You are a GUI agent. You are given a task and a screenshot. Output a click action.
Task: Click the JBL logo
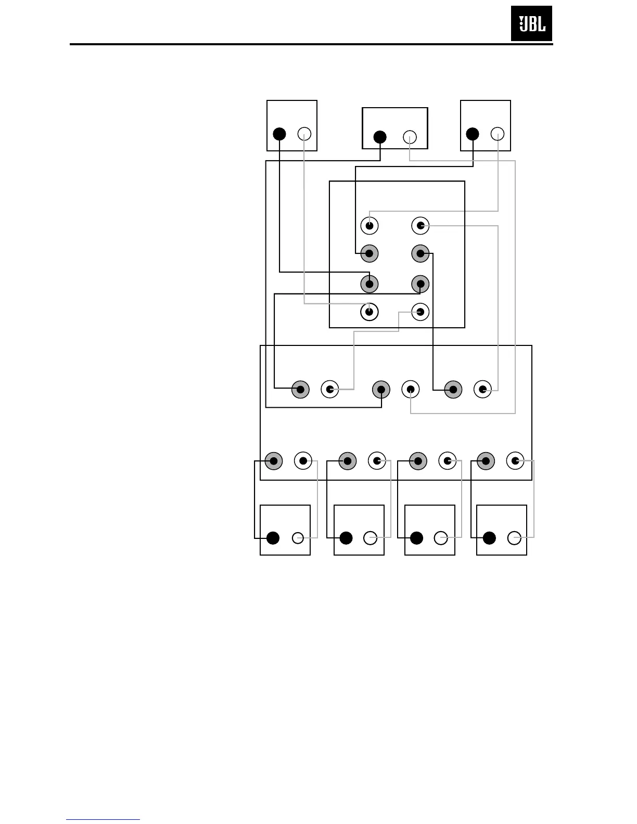(531, 23)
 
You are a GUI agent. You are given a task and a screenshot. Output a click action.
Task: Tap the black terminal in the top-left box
(279, 134)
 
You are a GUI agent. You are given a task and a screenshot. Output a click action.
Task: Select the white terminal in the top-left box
(304, 134)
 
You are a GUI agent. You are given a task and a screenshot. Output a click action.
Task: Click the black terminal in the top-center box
(380, 137)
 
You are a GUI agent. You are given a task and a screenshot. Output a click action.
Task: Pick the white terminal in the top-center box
(410, 137)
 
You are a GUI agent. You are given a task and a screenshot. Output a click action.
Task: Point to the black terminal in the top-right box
(473, 134)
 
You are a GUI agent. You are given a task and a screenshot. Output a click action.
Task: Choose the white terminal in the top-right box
(498, 134)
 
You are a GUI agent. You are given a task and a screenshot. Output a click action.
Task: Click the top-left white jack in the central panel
(369, 226)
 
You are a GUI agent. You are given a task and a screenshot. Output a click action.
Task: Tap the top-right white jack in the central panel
(420, 226)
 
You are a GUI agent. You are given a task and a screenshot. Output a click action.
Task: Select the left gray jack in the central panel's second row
(369, 254)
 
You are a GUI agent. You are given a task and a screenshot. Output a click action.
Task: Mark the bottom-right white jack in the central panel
(420, 312)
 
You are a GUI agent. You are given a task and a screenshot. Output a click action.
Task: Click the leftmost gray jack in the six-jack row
(300, 389)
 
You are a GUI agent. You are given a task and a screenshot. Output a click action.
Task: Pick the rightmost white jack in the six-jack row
(483, 389)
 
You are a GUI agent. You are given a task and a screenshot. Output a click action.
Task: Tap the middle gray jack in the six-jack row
(381, 389)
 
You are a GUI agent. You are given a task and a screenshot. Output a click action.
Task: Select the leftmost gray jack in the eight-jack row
(274, 461)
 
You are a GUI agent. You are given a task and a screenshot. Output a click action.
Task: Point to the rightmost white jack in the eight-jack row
(515, 461)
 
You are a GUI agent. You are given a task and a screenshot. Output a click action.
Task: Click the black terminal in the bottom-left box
(273, 538)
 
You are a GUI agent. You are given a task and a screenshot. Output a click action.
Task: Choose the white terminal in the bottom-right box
(514, 538)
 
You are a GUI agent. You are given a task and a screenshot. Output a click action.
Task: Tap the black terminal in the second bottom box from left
(346, 538)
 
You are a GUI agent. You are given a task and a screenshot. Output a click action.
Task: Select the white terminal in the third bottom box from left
(441, 538)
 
